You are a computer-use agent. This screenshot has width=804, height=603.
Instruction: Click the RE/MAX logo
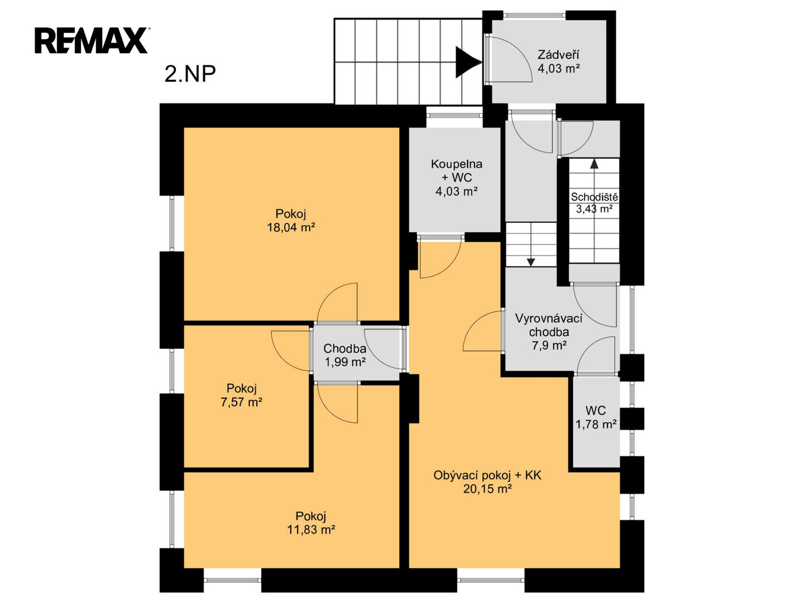point(92,40)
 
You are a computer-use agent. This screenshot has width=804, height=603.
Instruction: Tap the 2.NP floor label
point(190,74)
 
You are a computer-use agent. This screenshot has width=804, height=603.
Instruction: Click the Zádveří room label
point(558,55)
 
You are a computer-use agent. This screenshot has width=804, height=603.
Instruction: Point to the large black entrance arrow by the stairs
point(468,62)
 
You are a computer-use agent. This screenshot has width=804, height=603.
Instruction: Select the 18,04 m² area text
point(291,227)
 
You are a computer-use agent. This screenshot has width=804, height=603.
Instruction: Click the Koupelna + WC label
point(456,171)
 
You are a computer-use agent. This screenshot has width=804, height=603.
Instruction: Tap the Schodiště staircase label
point(594,197)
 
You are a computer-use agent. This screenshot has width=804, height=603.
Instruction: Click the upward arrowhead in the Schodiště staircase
point(594,163)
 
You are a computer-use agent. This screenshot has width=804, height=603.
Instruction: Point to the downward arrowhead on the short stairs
point(531,262)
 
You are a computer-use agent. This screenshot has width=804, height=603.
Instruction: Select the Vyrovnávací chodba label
point(549,325)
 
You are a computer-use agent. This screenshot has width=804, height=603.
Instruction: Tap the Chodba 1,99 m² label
point(344,355)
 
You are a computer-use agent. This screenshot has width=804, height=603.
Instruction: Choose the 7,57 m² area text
point(241,403)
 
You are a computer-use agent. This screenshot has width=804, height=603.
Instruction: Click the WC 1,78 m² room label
point(596,417)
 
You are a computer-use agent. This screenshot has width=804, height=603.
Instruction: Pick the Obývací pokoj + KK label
point(487,475)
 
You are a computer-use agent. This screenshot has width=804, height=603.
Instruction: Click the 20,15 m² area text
point(487,489)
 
